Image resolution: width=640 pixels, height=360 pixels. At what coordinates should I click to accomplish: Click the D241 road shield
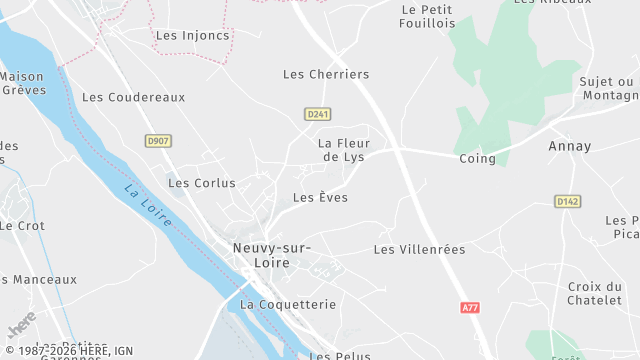318,114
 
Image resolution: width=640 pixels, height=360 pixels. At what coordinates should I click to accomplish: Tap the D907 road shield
157,141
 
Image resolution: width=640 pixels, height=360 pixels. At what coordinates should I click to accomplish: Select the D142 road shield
567,202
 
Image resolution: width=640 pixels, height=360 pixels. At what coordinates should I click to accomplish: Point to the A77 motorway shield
471,308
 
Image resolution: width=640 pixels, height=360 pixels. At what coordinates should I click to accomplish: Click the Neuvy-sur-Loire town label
271,255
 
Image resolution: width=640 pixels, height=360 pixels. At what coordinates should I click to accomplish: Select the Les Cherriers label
326,74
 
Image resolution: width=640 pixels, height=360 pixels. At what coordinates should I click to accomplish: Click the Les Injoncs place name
193,35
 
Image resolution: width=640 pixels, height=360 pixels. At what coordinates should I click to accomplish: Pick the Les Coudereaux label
134,97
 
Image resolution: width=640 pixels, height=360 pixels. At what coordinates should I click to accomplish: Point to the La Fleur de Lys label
344,150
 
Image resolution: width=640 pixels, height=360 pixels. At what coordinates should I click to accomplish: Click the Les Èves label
320,198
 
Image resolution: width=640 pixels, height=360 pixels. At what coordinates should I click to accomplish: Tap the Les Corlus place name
202,183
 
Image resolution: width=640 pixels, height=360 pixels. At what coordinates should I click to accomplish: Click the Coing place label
477,159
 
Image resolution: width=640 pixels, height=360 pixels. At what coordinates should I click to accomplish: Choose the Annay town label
570,146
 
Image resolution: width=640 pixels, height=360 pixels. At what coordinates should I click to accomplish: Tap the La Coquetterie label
289,303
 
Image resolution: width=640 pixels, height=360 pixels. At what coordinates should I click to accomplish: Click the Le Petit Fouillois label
426,17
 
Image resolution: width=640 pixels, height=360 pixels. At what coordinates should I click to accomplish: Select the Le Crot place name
22,226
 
